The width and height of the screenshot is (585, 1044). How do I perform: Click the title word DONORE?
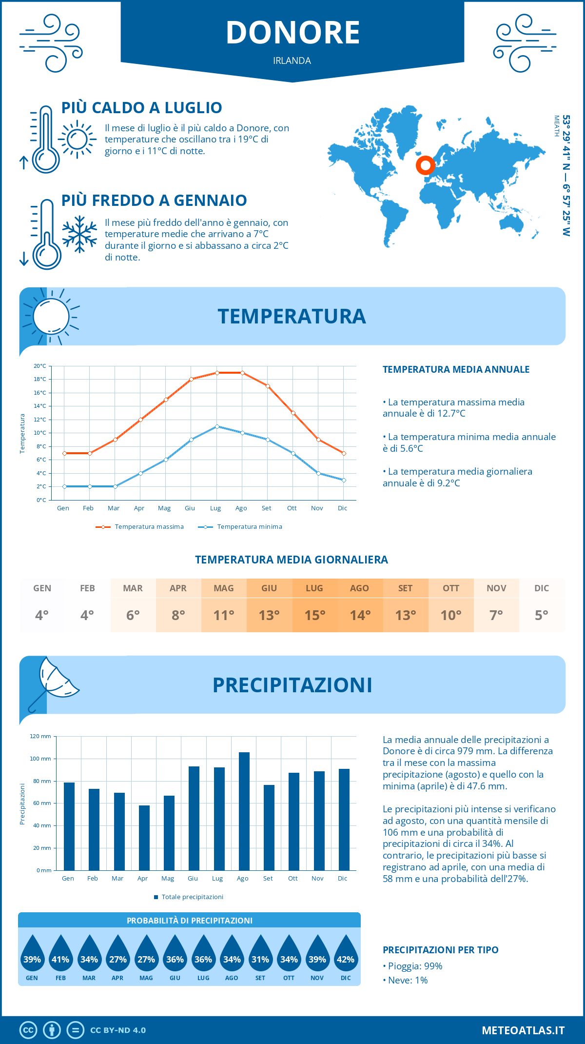click(292, 33)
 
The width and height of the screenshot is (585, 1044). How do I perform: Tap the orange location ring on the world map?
click(425, 165)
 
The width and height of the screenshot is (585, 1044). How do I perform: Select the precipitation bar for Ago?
click(244, 811)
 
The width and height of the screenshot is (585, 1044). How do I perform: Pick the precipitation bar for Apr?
click(144, 838)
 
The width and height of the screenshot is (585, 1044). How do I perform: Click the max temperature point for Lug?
click(217, 373)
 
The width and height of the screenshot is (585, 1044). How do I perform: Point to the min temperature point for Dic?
click(344, 480)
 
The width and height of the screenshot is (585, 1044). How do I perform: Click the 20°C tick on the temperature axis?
click(40, 366)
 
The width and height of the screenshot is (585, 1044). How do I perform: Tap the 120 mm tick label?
click(40, 736)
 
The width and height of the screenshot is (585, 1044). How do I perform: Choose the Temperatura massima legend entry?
click(140, 527)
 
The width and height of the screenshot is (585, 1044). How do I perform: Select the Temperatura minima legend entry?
click(241, 527)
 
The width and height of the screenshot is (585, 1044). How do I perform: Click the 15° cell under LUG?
click(314, 615)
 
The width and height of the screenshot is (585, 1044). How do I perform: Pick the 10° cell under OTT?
click(451, 615)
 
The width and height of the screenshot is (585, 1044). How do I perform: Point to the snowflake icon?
click(79, 234)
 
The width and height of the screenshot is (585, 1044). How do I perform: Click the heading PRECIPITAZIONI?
click(292, 685)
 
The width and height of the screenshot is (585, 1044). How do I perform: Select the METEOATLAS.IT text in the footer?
click(523, 1030)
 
